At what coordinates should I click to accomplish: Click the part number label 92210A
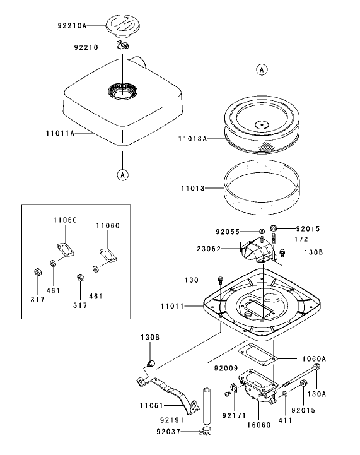pos(72,25)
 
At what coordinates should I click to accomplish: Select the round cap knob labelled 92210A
pos(122,26)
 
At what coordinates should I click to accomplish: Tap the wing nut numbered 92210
pos(123,45)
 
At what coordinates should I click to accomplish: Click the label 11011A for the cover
pos(60,133)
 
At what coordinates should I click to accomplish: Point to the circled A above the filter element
pos(262,69)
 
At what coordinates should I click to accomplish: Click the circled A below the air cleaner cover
pos(122,175)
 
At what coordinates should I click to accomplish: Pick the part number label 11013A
pos(192,139)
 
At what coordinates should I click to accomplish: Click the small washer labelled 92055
pos(262,231)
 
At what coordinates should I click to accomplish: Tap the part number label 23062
pos(209,249)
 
